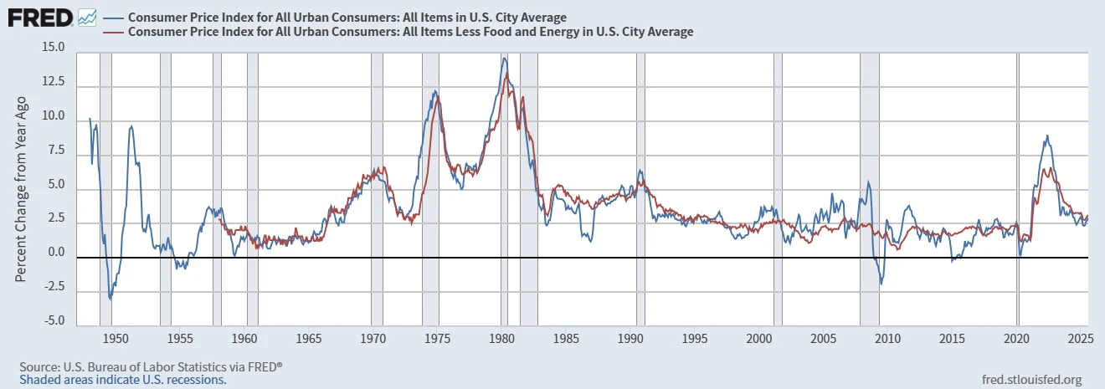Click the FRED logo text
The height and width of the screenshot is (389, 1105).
click(x=39, y=17)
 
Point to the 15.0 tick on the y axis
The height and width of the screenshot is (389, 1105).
click(x=53, y=48)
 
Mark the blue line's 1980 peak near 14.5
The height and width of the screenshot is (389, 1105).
click(x=504, y=58)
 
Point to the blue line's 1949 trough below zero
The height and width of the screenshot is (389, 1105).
click(x=110, y=298)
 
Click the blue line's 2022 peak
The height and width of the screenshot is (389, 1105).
click(x=1046, y=136)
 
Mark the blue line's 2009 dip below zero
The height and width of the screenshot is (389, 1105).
click(x=881, y=284)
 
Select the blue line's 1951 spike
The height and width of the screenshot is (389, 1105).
click(x=131, y=127)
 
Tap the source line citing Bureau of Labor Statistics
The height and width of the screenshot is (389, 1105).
click(x=151, y=367)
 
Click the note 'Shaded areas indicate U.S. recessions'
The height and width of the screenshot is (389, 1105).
click(x=122, y=379)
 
